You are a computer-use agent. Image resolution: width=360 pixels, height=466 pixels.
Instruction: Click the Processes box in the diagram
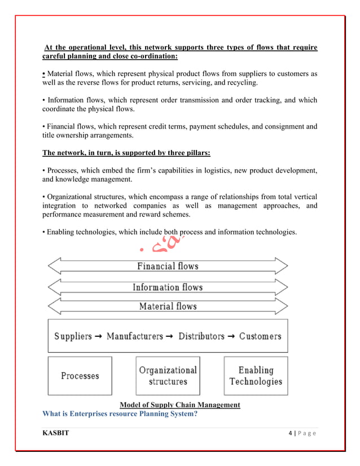pos(80,376)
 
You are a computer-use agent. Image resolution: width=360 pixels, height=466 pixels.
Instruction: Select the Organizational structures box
pos(168,376)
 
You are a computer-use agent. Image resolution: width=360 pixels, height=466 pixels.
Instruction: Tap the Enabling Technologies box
pos(256,376)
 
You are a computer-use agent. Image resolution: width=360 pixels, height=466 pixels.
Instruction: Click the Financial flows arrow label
pos(168,265)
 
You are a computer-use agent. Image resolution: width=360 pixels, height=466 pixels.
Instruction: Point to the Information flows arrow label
pos(168,287)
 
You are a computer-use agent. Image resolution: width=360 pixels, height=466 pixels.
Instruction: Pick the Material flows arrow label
pos(168,306)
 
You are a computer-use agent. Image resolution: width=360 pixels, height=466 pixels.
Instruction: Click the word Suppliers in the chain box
pos(73,336)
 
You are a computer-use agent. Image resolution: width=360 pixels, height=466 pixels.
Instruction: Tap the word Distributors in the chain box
pos(201,336)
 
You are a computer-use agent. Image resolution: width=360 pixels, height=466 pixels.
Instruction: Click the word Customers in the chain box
pos(260,336)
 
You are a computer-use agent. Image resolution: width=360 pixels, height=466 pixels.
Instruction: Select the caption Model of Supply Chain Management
pos(180,405)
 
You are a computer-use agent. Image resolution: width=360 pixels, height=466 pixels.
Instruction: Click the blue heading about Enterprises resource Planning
pos(126,414)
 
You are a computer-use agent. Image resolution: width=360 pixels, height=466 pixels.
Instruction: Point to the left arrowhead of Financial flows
pos(54,266)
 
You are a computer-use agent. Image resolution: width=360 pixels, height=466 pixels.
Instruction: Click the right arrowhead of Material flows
pos(281,306)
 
